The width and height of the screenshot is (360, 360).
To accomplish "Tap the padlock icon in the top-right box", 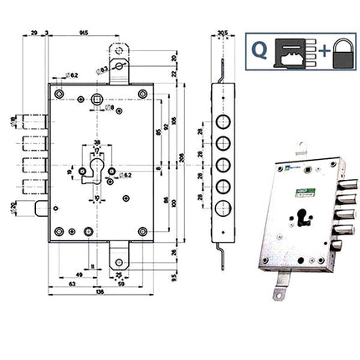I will pos(340,54).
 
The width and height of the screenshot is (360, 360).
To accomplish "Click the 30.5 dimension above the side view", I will pos(222,33).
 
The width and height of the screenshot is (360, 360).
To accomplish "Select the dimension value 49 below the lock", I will pos(78,273).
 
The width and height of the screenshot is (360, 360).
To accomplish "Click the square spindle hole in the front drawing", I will pos(100,101).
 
